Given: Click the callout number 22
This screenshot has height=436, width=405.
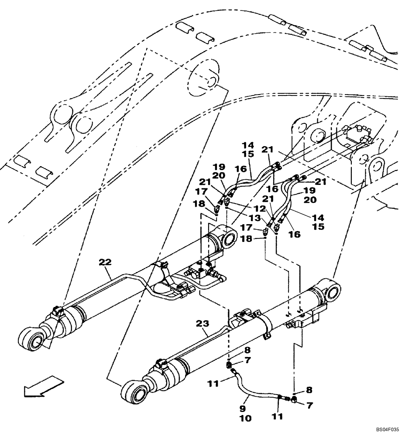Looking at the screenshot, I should click(x=105, y=262).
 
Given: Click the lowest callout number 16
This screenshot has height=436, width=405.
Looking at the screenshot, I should click(x=295, y=234).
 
